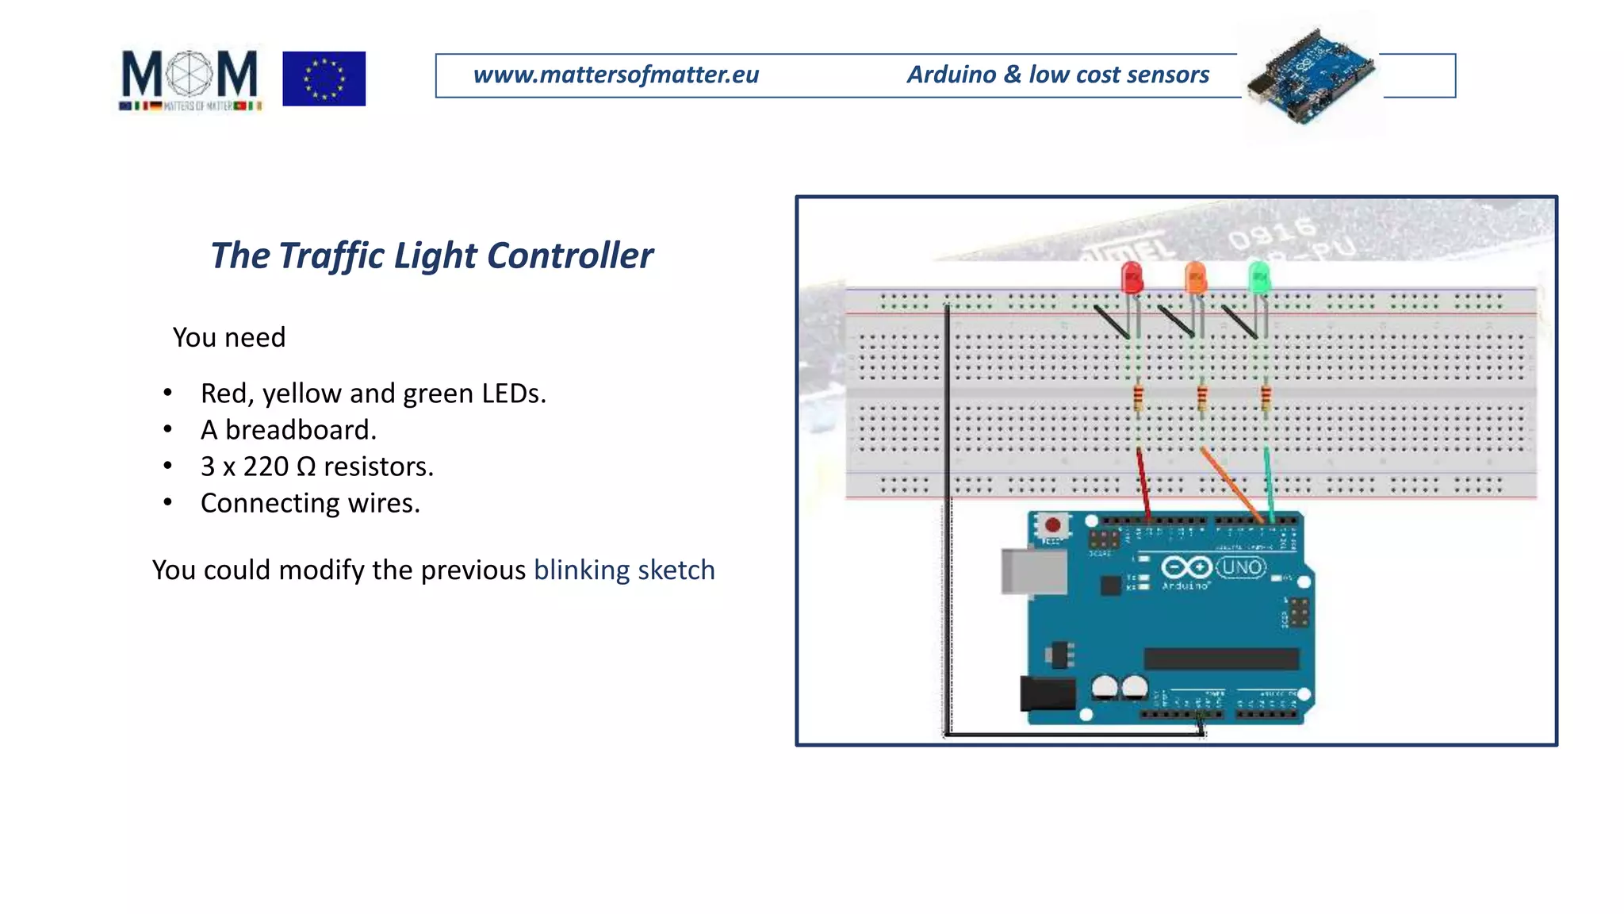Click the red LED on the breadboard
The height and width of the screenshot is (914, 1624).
(x=1132, y=278)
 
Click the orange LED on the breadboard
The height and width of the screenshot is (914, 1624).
(x=1195, y=278)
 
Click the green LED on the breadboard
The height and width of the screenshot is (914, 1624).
(x=1258, y=278)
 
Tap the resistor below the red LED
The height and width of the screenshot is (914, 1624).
(x=1139, y=397)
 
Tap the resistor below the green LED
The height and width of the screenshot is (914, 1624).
(x=1266, y=397)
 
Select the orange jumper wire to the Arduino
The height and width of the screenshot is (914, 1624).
(x=1231, y=485)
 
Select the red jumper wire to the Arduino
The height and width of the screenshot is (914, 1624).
(x=1143, y=485)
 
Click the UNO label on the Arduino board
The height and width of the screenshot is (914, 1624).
(x=1241, y=567)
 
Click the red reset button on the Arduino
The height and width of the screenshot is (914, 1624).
(x=1053, y=525)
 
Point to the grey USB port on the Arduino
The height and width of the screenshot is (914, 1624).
(x=1032, y=570)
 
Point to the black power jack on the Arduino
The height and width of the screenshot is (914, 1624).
(x=1047, y=693)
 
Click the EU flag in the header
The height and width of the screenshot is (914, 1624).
(x=324, y=79)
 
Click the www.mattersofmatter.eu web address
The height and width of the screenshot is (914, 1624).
(x=616, y=75)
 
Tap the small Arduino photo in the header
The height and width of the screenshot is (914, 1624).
(x=1310, y=76)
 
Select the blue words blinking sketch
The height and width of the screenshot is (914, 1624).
(x=624, y=570)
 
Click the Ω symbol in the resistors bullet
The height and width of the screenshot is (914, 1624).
(x=306, y=467)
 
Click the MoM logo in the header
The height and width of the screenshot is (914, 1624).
(x=190, y=79)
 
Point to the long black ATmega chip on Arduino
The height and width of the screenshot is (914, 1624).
(x=1221, y=659)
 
